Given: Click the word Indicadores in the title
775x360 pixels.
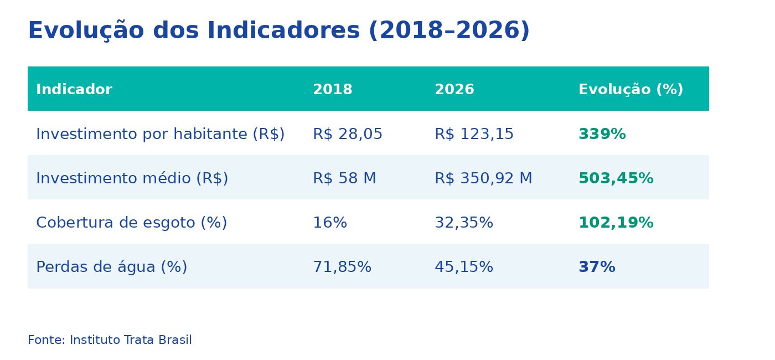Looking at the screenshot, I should coord(283,31).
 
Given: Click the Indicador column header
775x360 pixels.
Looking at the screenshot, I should coord(74,90).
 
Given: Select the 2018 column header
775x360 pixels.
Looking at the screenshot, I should coord(333,90).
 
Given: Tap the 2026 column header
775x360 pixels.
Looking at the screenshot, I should coord(454,90).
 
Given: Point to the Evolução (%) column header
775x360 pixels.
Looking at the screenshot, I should coord(631,90).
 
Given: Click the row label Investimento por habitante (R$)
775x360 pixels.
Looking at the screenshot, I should coord(161,135).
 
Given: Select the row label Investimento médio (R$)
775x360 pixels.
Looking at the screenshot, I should coord(132,179).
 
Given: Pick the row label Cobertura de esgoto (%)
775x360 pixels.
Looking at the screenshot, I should coord(132,223).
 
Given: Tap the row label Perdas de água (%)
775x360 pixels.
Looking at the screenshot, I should coord(112,268).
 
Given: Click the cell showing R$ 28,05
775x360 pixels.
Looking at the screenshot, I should coord(348,135).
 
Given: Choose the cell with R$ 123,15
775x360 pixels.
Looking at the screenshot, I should coord(474,135).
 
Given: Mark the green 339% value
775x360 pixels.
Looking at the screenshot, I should coord(602,135).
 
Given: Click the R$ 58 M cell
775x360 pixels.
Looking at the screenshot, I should coord(344,179).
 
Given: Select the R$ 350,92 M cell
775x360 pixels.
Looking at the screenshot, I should coord(483,179).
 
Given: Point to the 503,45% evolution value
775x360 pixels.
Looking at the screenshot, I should coord(616,179).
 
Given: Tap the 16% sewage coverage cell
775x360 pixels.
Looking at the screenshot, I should coord(330,223).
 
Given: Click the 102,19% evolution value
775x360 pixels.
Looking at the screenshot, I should coord(616,223).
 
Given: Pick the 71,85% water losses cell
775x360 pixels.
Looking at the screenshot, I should coord(342,268).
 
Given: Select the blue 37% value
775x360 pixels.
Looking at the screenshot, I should coord(597,268).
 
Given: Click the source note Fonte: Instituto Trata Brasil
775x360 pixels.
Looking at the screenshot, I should coord(110,340).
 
